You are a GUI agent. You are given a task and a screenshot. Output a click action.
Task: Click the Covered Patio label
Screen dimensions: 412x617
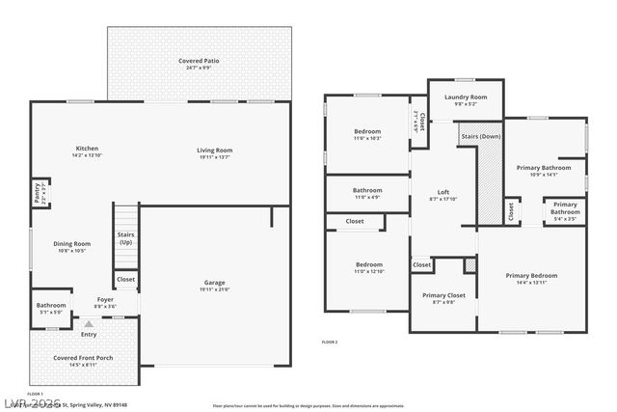199,61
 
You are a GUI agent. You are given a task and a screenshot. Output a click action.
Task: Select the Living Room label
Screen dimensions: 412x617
215,150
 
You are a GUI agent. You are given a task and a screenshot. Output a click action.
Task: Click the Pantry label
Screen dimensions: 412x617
38,194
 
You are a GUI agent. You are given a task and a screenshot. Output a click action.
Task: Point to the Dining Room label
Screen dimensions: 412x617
73,244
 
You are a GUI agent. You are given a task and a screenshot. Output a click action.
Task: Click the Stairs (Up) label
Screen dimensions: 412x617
125,237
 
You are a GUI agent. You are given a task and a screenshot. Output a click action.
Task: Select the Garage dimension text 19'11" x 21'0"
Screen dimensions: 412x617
214,289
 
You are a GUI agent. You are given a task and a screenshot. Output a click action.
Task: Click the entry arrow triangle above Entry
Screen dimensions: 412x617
89,325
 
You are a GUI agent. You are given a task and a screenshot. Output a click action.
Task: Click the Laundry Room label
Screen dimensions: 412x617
465,97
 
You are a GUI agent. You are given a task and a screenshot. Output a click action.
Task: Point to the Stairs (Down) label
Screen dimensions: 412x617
481,137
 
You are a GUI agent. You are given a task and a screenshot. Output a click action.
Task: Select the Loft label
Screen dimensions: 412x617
443,192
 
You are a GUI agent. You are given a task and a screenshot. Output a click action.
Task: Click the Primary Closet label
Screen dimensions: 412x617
443,295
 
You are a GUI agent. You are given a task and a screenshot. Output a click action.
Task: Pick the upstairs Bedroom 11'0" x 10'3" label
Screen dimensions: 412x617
367,131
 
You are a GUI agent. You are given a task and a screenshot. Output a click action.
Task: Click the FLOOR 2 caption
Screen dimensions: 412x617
330,343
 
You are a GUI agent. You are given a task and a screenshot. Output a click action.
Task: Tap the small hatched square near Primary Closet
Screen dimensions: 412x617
470,264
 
